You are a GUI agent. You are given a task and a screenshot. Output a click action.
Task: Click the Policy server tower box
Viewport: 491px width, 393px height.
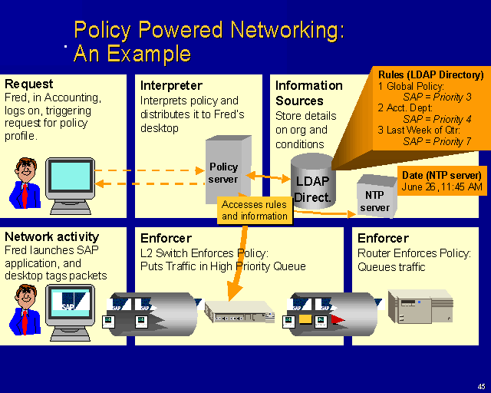226,170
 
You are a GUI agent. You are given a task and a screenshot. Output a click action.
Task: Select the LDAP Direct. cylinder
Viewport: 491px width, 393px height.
312,184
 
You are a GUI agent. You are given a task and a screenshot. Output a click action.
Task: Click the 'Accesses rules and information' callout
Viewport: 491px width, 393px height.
254,210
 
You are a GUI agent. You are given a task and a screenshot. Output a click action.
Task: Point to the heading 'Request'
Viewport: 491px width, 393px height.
29,84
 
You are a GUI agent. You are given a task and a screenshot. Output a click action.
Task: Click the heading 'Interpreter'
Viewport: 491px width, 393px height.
171,85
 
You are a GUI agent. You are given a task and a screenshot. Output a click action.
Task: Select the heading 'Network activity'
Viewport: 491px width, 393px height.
51,237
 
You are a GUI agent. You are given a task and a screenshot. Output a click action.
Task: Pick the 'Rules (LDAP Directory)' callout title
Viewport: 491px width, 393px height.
431,74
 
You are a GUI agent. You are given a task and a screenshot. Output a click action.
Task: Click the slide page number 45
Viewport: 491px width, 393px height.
480,386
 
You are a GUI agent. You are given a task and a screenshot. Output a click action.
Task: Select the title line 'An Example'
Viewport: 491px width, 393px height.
132,54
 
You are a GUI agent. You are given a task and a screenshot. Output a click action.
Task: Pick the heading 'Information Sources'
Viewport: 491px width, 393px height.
308,92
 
